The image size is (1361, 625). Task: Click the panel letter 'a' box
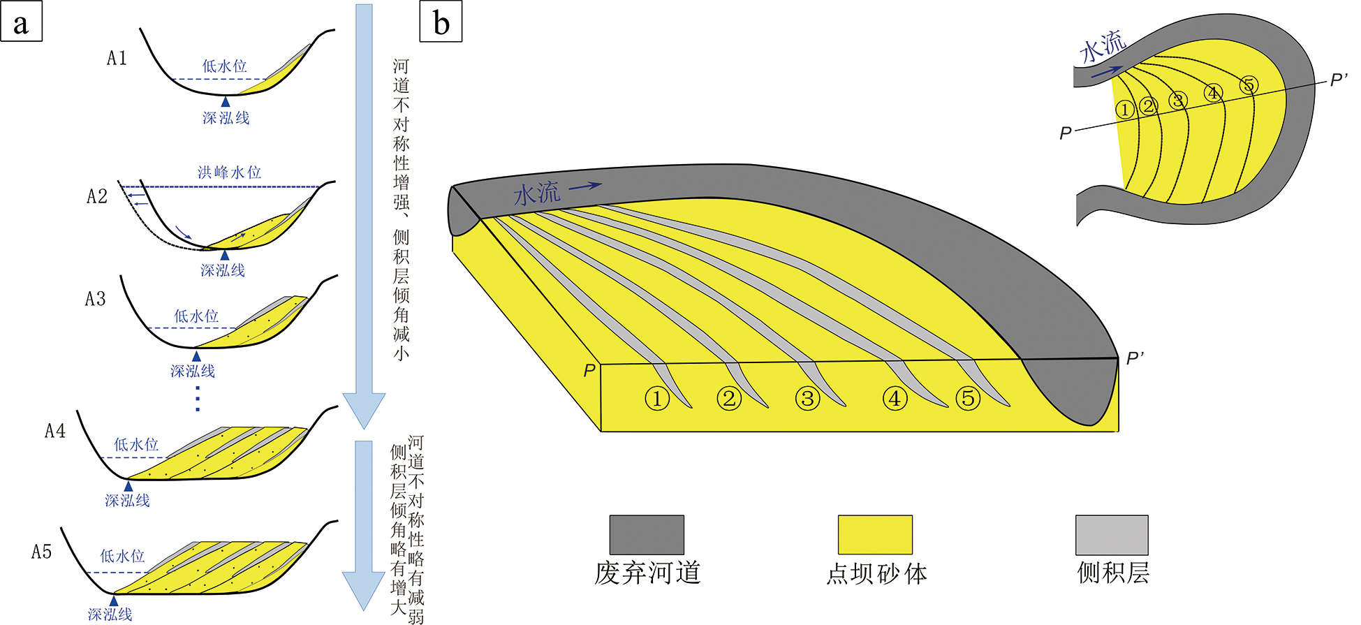click(22, 22)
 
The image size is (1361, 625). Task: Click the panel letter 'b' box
click(441, 22)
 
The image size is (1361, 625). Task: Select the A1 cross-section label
click(117, 58)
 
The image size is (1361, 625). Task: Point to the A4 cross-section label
click(55, 431)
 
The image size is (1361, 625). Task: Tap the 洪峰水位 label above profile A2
click(229, 172)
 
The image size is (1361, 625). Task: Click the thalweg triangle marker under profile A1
click(225, 102)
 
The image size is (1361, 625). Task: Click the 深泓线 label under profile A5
click(110, 615)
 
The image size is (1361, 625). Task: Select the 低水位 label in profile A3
click(196, 316)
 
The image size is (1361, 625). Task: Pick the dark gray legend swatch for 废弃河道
click(647, 535)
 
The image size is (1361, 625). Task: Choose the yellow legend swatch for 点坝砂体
click(875, 535)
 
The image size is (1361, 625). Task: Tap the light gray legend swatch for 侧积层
click(1112, 535)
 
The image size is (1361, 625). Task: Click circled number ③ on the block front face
click(807, 399)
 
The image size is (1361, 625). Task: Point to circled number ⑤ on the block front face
click(968, 399)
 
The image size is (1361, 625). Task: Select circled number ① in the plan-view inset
click(1124, 110)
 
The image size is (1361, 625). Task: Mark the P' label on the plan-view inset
click(1339, 80)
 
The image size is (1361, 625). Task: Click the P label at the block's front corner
click(590, 370)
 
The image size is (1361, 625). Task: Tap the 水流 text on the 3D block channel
click(537, 193)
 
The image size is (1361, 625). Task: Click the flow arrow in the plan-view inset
click(1107, 71)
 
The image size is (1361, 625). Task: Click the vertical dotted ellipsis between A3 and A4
click(198, 399)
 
